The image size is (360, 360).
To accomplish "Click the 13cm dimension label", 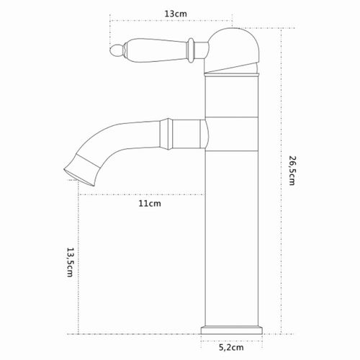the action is point(176,14).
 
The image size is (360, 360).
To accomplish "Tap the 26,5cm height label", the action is point(292,171).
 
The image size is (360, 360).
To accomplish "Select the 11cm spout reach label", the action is point(150,204).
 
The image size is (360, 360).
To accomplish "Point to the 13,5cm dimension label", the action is point(70,262).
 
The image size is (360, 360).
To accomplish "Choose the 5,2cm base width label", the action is point(231,347).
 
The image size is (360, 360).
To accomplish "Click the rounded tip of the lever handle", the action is point(117,51).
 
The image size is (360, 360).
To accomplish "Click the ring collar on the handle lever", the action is point(191,50).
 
